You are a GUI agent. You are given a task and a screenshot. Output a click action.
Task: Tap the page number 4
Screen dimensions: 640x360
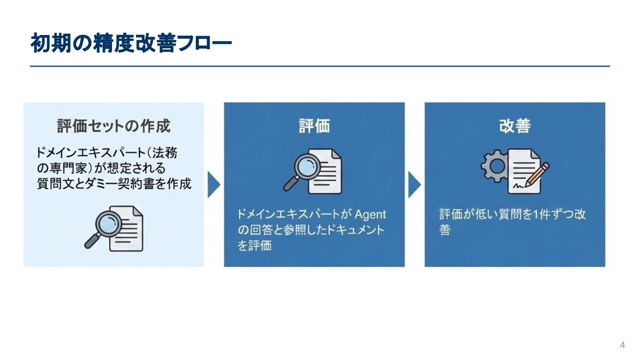(x=622, y=345)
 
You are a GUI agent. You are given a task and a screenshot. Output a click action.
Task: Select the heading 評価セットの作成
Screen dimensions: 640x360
(x=114, y=126)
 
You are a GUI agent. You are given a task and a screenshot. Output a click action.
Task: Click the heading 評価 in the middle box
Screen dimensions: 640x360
(x=314, y=126)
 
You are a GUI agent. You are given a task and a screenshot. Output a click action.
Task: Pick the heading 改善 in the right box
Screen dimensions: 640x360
(x=515, y=126)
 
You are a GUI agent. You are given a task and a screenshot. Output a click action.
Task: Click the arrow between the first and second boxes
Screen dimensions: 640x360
(x=214, y=185)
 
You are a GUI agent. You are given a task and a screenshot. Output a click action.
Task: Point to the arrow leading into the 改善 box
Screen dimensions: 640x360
(x=414, y=185)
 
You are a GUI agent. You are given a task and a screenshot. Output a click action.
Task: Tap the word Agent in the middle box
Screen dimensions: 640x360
(x=370, y=214)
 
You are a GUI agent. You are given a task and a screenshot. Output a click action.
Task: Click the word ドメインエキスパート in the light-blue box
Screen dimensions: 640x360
(x=90, y=153)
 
